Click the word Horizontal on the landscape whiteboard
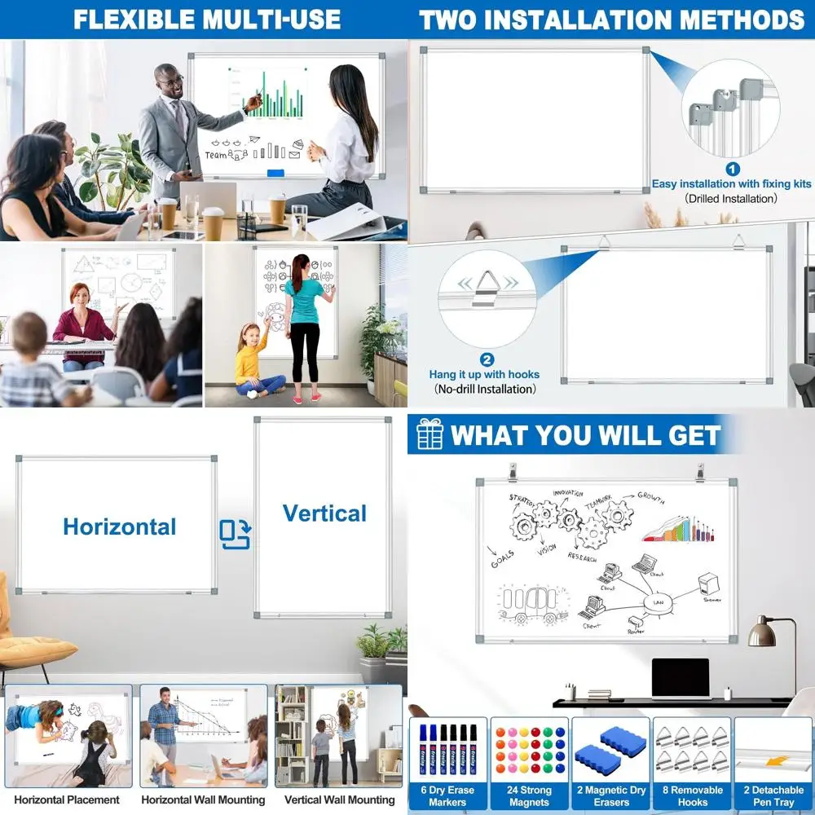coord(119,526)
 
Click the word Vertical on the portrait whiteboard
coord(324,513)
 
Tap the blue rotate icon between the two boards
coord(235,535)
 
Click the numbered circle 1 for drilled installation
coord(732,170)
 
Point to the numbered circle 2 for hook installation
coord(487,359)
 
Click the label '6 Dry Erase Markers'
coord(447,795)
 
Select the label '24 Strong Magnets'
coord(530,795)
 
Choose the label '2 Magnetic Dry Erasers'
coord(611,795)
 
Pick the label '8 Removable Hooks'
coord(692,795)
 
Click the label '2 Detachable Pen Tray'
coord(773,795)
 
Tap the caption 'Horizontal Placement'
coord(67,800)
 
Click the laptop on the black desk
coord(681,679)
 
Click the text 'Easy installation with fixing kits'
coord(731,184)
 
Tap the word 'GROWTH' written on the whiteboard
coord(650,496)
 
